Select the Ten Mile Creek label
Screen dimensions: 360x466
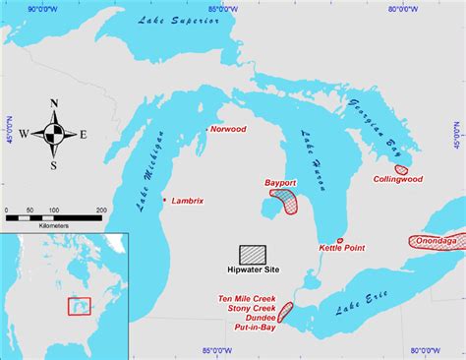point(247,298)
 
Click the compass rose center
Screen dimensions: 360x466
point(54,134)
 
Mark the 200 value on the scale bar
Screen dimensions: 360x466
point(101,210)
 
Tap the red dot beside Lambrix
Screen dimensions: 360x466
point(164,199)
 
